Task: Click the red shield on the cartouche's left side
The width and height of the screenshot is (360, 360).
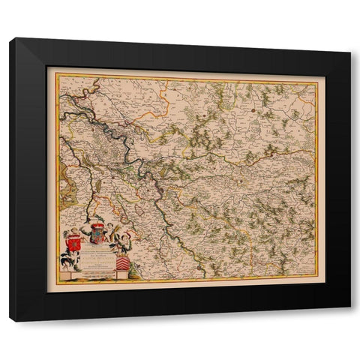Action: point(73,244)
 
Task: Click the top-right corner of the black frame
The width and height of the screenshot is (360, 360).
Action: point(350,53)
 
